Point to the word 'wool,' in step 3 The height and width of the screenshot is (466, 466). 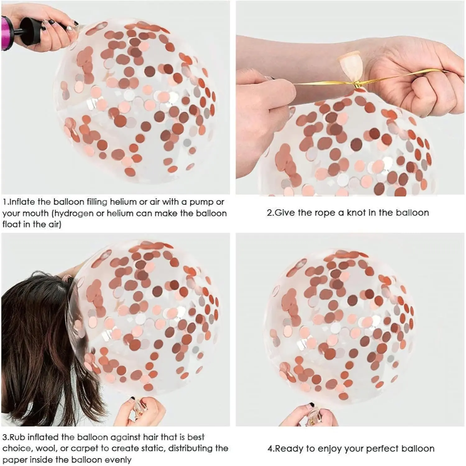[x=45, y=449]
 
